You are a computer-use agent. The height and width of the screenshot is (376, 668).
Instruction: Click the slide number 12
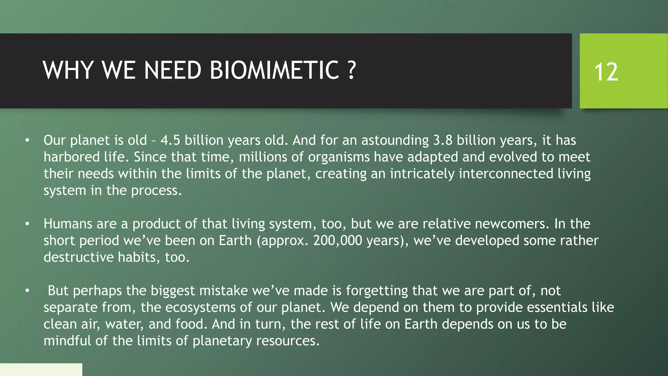[606, 72]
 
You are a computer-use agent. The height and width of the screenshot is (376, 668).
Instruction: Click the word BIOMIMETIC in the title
[274, 70]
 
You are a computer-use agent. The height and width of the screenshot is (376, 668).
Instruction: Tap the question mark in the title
[351, 70]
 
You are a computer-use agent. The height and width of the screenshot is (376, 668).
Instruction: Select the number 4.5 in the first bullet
[170, 140]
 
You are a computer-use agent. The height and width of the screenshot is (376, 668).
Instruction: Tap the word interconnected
[506, 174]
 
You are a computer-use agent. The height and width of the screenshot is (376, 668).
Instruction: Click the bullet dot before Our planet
[27, 141]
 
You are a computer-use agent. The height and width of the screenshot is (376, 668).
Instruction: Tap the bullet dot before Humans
[27, 224]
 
